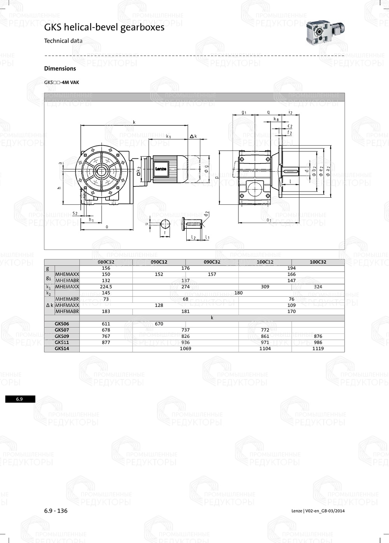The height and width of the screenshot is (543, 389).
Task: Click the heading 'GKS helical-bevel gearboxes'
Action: click(104, 28)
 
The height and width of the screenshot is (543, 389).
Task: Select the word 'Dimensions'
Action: click(60, 69)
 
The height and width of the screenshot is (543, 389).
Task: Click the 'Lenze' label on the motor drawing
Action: click(161, 169)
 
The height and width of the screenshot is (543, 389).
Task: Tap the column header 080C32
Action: click(106, 262)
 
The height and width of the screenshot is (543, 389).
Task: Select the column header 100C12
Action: click(265, 262)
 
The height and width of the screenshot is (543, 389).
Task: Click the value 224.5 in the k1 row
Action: click(106, 286)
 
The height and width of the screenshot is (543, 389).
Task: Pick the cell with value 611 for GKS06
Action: click(106, 324)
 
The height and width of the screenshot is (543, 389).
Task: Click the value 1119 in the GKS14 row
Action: click(318, 349)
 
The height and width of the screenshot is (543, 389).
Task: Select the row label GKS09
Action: click(62, 336)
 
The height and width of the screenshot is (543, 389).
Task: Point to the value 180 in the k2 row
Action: click(238, 293)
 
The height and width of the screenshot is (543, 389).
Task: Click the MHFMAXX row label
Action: click(67, 305)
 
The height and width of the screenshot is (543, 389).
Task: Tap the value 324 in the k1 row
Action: click(318, 286)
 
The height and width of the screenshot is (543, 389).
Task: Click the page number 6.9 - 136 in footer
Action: click(56, 511)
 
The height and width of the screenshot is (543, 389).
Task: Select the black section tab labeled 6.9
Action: click(20, 399)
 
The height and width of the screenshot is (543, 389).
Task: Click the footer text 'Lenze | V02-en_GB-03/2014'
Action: click(318, 511)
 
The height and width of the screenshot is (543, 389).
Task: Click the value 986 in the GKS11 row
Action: click(318, 343)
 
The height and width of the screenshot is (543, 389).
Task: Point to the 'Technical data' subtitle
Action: click(63, 41)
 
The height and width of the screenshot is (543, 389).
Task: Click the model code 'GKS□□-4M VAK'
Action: click(61, 83)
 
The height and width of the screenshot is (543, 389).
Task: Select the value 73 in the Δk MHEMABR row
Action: click(106, 299)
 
